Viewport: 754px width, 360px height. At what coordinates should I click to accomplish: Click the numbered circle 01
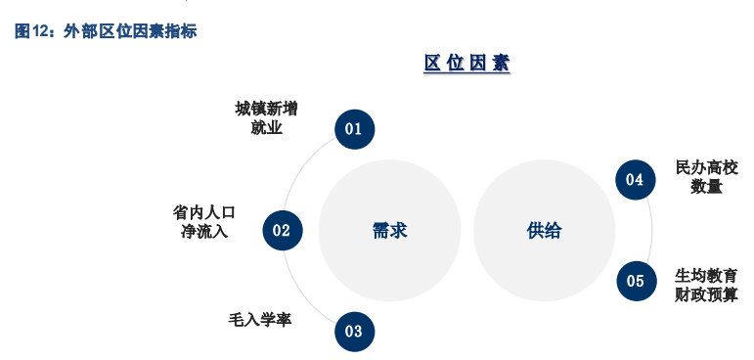click(354, 128)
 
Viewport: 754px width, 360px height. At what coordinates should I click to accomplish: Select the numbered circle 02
click(283, 231)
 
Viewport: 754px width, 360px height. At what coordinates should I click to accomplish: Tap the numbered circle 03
click(354, 332)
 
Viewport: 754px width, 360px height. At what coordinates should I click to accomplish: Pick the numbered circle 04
click(635, 179)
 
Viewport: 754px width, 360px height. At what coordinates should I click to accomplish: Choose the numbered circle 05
click(636, 282)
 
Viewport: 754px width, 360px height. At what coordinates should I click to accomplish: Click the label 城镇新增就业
click(266, 117)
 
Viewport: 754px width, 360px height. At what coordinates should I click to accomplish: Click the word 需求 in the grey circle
click(389, 231)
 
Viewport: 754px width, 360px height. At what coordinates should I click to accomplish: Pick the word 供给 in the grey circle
click(544, 231)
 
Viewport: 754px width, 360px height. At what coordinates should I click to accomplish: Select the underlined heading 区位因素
click(466, 64)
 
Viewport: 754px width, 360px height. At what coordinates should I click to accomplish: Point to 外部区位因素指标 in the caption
click(130, 30)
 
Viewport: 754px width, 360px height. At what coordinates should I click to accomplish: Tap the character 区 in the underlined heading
click(432, 64)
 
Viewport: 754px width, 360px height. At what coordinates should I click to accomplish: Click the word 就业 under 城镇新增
click(266, 127)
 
